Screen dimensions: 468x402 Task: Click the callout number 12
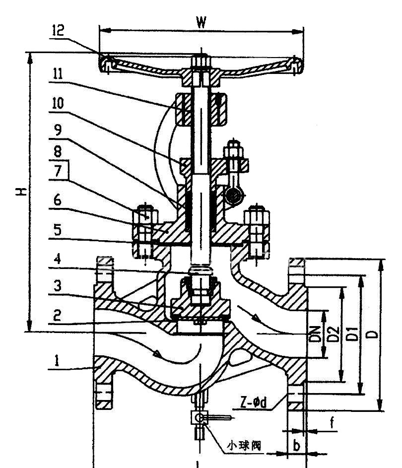coord(57,30)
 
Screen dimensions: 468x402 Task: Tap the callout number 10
coord(58,103)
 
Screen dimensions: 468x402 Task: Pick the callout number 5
coord(58,230)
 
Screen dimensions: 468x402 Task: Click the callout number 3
coord(58,287)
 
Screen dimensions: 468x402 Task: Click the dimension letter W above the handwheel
coord(201,22)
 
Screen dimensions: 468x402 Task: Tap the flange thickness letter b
coord(296,446)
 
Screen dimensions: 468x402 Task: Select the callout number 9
coord(58,130)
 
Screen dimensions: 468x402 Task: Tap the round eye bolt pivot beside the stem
coord(231,197)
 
